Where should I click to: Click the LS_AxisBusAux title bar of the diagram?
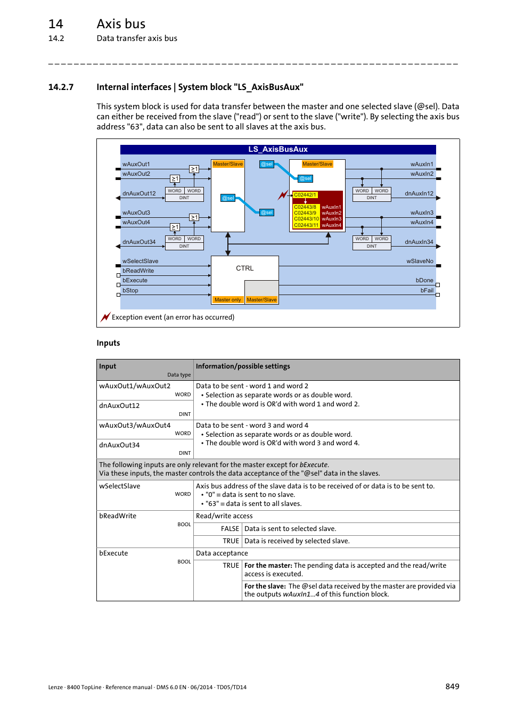point(278,150)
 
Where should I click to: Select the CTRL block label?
point(244,268)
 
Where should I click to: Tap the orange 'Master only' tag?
point(227,300)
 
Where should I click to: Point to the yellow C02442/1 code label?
point(305,195)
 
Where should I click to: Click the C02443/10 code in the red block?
point(306,219)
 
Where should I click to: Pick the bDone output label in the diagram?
point(424,280)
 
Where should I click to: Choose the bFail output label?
point(427,290)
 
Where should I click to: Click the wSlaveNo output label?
point(420,261)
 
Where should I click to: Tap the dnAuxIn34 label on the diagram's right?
point(419,242)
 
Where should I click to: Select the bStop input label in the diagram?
point(130,290)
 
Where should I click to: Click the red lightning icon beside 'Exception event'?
point(105,317)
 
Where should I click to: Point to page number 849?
point(452,687)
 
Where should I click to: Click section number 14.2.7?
point(61,87)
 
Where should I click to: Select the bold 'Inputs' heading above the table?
point(108,343)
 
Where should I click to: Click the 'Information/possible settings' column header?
point(243,366)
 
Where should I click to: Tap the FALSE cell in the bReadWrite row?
point(230,529)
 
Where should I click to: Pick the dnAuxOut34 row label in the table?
point(119,445)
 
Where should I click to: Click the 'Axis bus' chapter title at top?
point(121,24)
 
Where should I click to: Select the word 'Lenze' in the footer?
point(55,687)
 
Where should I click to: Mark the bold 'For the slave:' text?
point(265,586)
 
